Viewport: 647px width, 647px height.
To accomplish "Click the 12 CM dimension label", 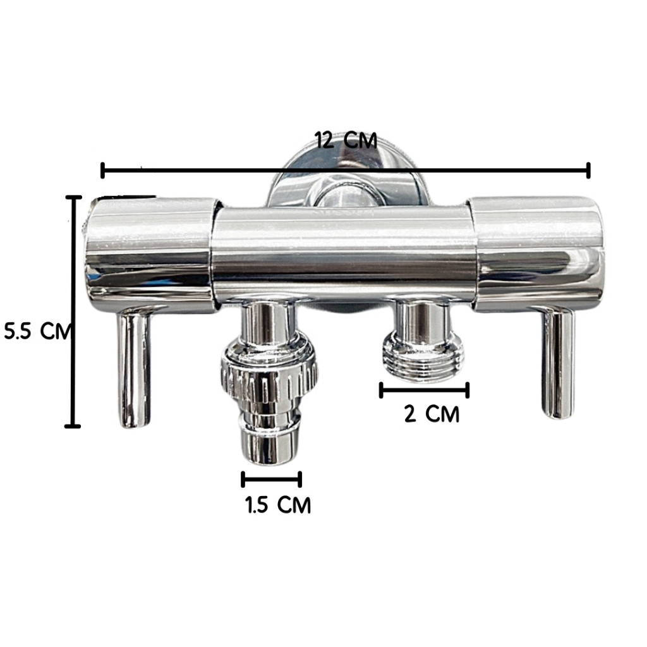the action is click(x=346, y=140).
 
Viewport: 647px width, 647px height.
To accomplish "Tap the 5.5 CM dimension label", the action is click(x=38, y=331).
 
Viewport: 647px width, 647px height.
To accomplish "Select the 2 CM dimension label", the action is click(x=432, y=414).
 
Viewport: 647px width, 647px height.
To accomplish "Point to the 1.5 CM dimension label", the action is click(x=278, y=505).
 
